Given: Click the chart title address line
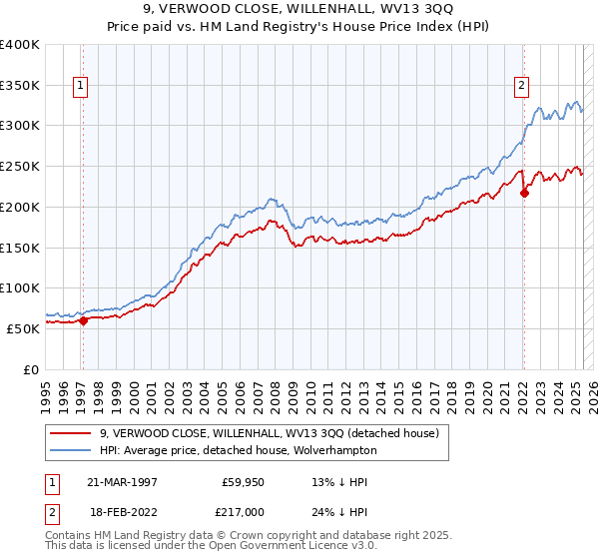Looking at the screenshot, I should point(299,9).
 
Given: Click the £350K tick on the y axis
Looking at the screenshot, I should point(20,86).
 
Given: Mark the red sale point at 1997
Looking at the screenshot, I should point(83,320).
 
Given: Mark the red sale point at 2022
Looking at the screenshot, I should point(524,193).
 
